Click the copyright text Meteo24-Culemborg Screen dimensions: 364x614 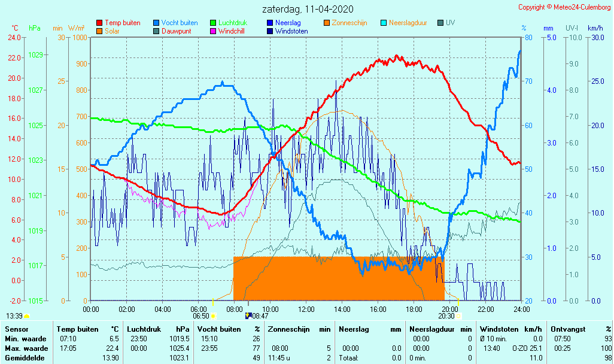coord(564,7)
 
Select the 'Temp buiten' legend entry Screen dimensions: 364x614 coord(122,23)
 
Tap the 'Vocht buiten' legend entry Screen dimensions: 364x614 coord(179,23)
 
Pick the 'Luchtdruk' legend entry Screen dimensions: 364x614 coord(232,23)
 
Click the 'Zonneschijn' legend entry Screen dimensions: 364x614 coord(349,23)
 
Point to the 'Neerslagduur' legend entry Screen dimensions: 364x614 coord(408,23)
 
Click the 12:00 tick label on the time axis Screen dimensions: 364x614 coord(306,309)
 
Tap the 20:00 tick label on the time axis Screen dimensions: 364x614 coord(450,309)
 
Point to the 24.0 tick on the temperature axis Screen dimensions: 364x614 coord(14,37)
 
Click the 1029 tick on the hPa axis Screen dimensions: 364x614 coord(35,55)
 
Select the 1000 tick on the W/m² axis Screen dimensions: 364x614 coord(79,37)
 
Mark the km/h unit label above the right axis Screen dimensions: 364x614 coord(595,28)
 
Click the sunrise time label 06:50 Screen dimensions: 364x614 coord(200,316)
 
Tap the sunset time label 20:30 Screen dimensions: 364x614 coord(446,316)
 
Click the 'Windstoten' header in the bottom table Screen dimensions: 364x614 coord(499,329)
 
